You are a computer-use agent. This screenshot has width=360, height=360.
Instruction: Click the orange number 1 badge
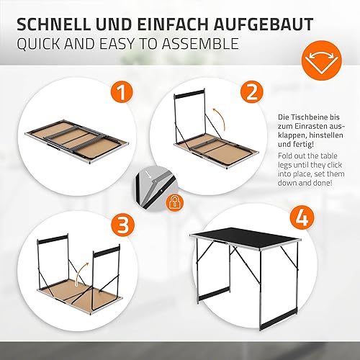click(x=122, y=93)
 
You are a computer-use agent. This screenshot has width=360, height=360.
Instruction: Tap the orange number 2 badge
click(x=252, y=93)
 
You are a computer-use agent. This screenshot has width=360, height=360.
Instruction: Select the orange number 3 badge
click(x=122, y=225)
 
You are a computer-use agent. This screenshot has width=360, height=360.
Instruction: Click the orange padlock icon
click(x=175, y=203)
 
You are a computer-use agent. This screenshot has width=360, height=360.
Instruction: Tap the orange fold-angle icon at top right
click(x=321, y=60)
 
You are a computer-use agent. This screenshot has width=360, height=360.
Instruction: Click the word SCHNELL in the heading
click(x=53, y=24)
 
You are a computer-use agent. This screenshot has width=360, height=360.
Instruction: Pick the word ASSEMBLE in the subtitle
click(x=200, y=44)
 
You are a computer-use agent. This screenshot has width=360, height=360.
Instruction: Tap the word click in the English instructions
click(x=333, y=165)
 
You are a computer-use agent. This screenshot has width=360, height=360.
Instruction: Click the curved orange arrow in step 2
click(x=221, y=119)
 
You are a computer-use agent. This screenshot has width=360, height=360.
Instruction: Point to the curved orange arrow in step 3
click(x=81, y=274)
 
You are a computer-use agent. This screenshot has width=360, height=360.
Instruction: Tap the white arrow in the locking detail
click(x=149, y=174)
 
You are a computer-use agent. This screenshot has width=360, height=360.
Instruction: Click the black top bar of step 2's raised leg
click(x=189, y=94)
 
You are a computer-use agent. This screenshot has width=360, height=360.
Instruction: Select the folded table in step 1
click(x=77, y=141)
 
